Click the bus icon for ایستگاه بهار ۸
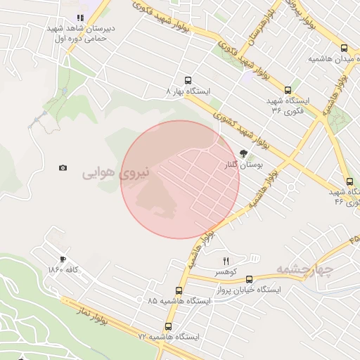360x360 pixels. coord(187,80)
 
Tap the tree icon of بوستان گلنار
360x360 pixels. coord(243,153)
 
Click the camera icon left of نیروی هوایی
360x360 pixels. coord(63,168)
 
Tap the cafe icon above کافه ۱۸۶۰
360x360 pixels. coord(63,259)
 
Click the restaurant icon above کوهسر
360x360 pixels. coord(226,261)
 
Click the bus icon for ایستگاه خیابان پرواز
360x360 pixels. coord(249,279)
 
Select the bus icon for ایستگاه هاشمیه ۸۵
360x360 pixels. coord(179,290)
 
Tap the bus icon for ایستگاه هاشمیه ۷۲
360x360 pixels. coord(168,326)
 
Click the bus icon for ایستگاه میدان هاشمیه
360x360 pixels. coord(343,49)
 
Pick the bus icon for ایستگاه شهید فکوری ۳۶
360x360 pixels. coord(288,90)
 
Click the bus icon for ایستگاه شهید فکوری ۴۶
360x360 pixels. coord(349,181)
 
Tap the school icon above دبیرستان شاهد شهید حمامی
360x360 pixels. coord(80,18)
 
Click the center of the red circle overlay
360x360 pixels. coord(180,179)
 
